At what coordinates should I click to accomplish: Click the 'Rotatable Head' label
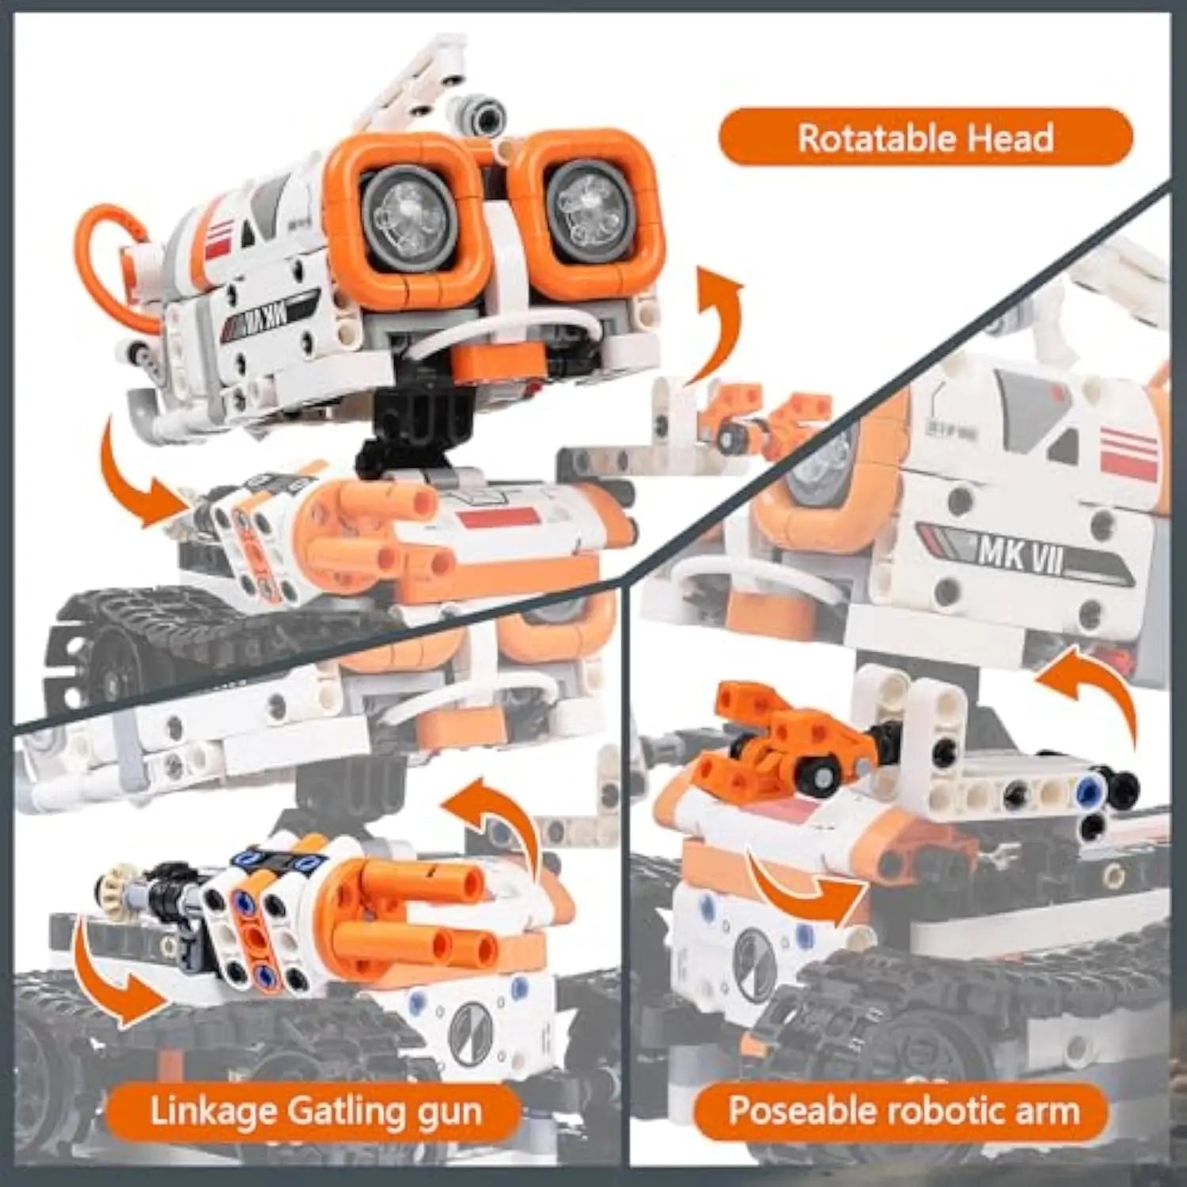tap(925, 138)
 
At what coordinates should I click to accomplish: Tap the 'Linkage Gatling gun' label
tap(316, 1111)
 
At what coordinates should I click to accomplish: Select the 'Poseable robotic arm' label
tap(903, 1110)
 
